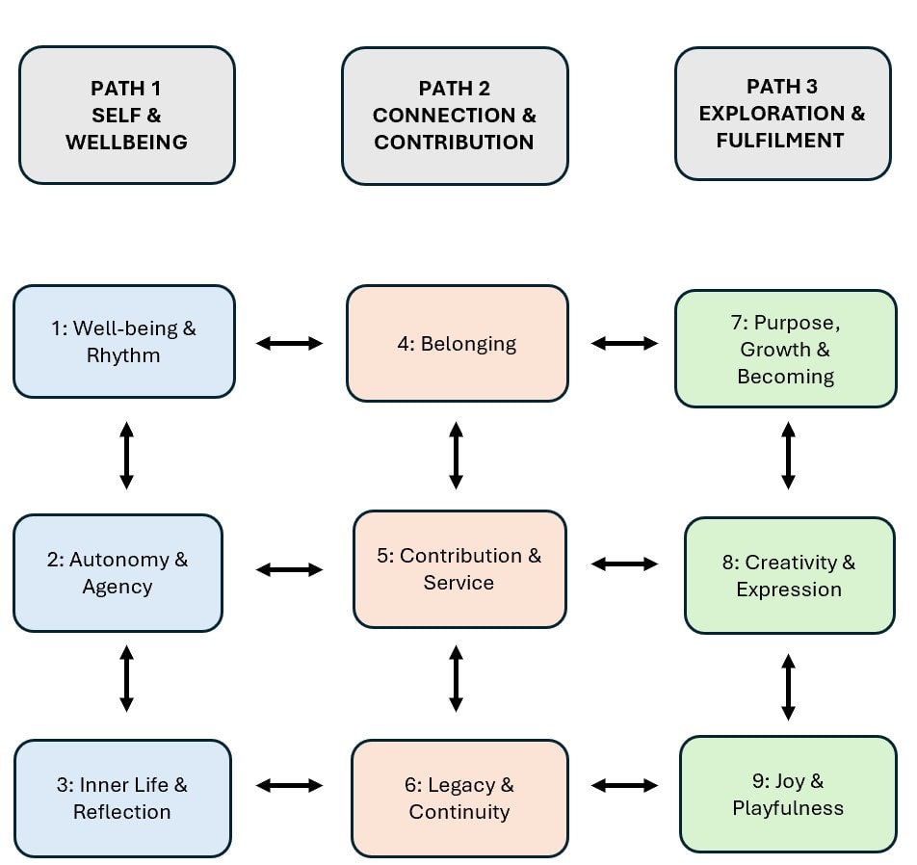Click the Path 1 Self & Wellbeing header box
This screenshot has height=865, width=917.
[x=126, y=115]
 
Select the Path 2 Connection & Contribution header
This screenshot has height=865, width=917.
[x=455, y=116]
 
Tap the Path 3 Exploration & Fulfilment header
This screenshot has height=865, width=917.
[x=782, y=114]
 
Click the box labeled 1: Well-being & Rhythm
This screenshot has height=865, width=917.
[x=124, y=341]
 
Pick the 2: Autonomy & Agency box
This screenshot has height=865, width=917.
[x=118, y=572]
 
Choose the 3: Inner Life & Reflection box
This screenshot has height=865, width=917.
[x=122, y=798]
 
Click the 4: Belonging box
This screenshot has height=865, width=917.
[x=457, y=343]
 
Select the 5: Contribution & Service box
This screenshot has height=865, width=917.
[x=458, y=568]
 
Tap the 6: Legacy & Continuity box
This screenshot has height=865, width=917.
[x=458, y=798]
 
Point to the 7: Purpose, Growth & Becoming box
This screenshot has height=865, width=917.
[x=785, y=349]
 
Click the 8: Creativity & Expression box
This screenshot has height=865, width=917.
[x=789, y=575]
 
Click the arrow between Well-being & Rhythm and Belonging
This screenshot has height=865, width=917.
[x=289, y=343]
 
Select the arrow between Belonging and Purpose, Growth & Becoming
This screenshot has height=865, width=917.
[x=624, y=343]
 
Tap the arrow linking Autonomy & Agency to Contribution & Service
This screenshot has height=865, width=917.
[x=289, y=570]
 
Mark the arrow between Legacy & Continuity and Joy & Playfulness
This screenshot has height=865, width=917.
[x=624, y=786]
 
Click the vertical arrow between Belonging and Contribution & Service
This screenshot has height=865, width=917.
[x=457, y=455]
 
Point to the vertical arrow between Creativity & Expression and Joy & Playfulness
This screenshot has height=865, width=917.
[x=788, y=687]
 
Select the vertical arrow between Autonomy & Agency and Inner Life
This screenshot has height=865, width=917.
[x=126, y=679]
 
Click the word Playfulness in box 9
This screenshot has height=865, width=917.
[x=787, y=807]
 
